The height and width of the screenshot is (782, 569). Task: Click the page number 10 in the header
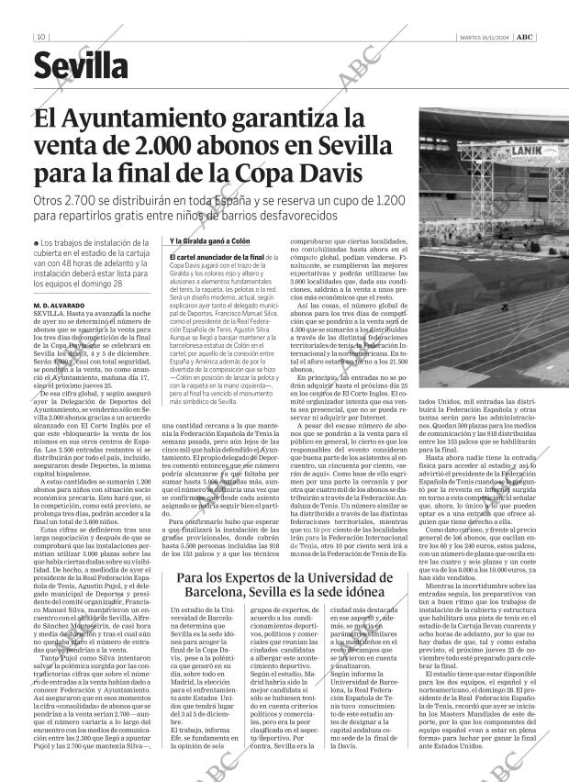(42, 38)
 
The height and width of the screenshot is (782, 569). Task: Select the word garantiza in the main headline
(307, 120)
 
